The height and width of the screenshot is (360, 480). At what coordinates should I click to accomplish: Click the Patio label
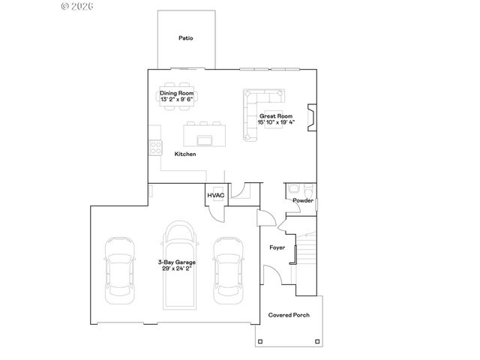[x=186, y=37]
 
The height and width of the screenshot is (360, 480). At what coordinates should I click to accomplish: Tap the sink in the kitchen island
[x=205, y=139]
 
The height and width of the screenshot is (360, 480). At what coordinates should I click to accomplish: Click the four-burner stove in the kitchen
[x=156, y=147]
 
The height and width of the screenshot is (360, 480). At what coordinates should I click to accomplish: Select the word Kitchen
[x=185, y=154]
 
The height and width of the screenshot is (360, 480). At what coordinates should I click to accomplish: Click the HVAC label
[x=215, y=195]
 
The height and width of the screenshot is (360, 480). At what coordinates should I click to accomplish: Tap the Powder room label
[x=303, y=200]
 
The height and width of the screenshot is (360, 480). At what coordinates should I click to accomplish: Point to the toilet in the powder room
[x=295, y=189]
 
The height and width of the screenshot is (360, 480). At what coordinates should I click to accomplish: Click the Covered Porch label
[x=289, y=315]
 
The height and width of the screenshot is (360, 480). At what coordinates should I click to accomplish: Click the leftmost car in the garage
[x=119, y=270]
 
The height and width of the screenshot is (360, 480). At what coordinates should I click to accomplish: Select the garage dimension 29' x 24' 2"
[x=176, y=268]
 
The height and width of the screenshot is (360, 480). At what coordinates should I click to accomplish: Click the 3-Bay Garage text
[x=176, y=261]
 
